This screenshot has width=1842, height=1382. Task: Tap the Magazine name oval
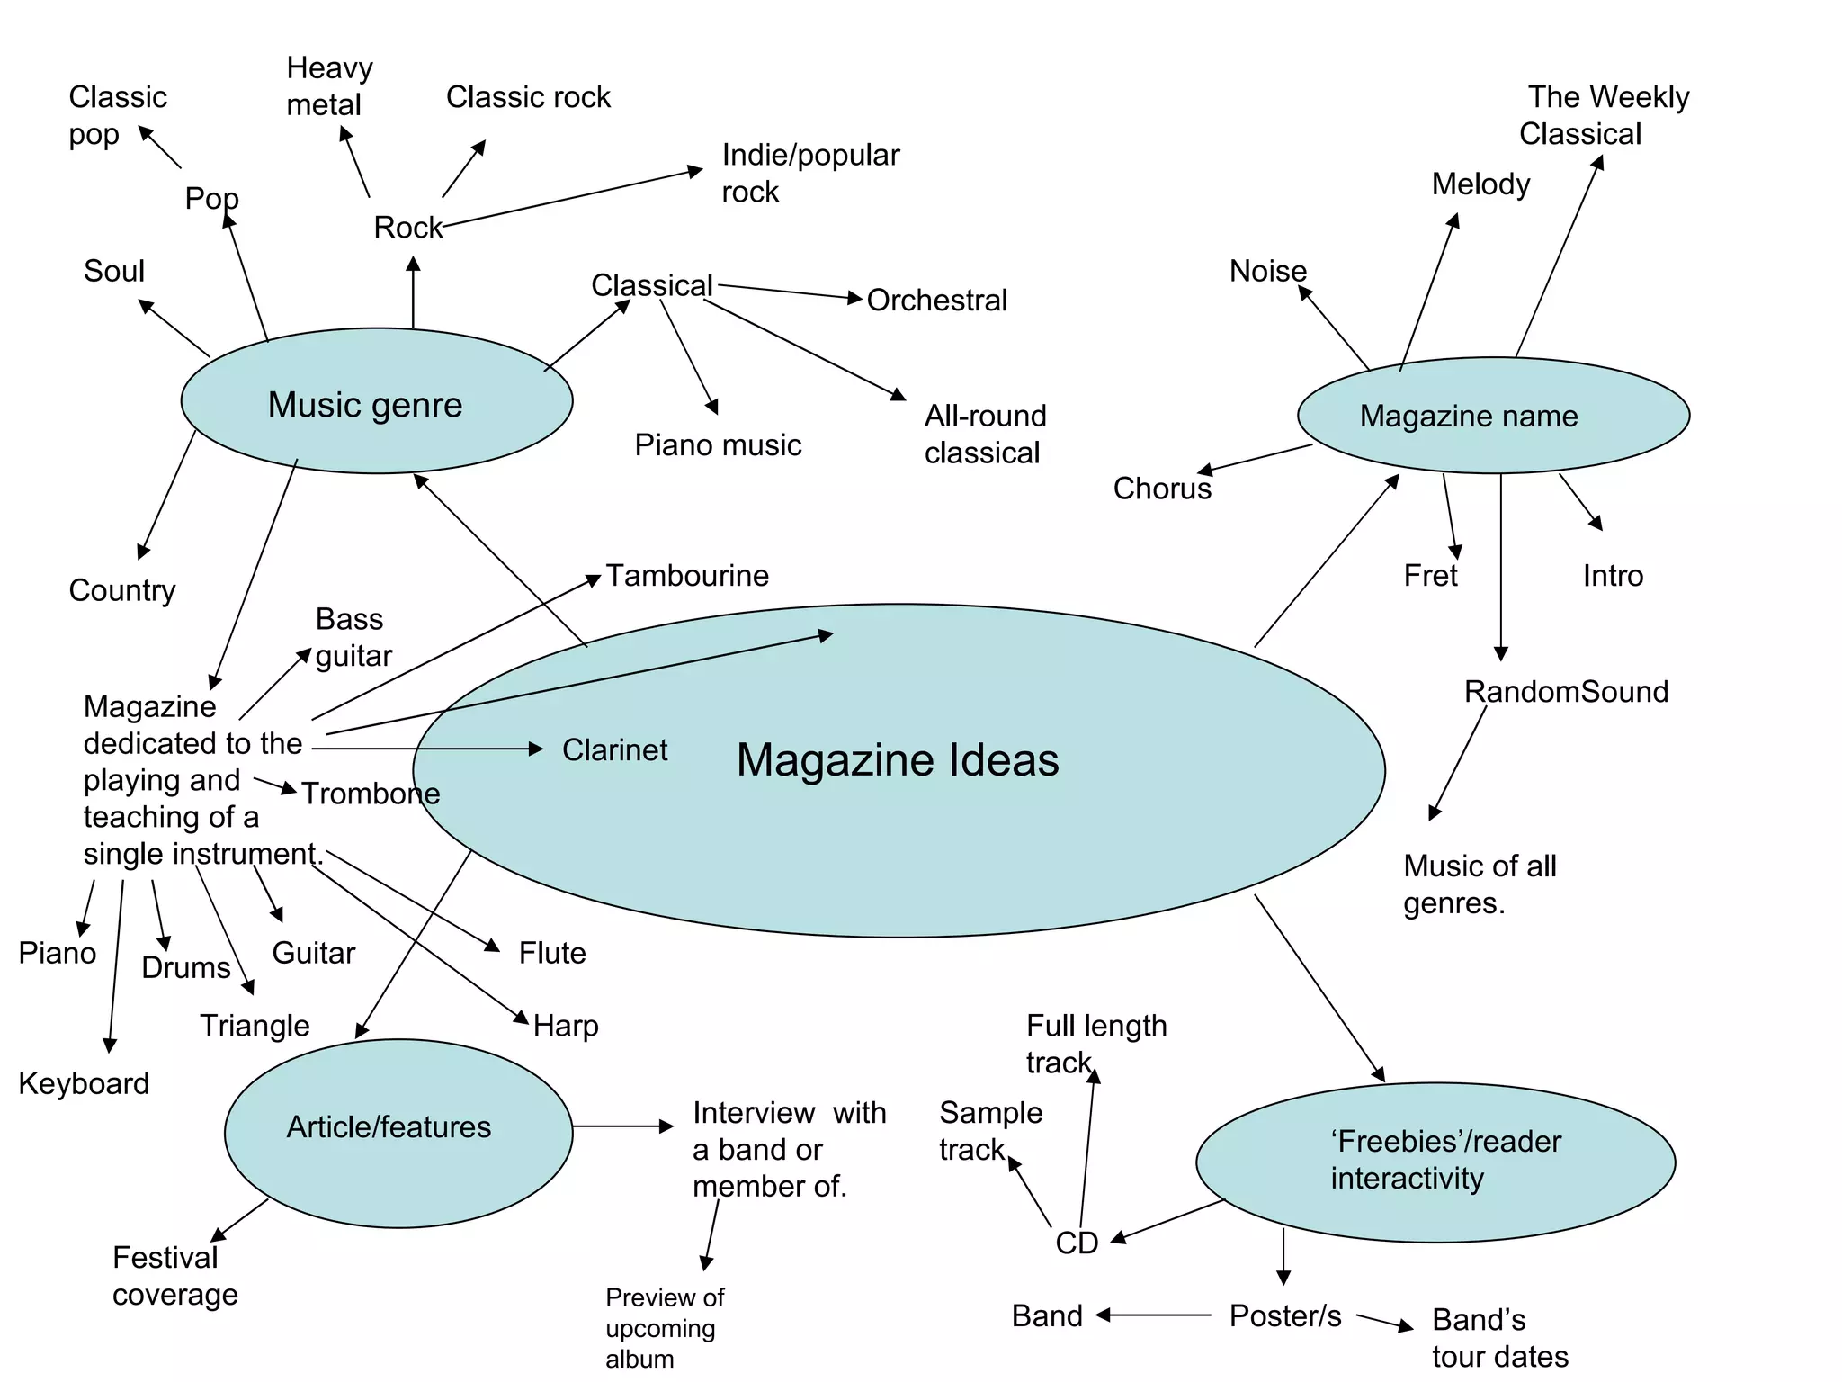click(x=1493, y=416)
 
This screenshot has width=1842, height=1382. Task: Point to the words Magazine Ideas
click(x=898, y=760)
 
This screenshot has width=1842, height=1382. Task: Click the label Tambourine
click(x=687, y=576)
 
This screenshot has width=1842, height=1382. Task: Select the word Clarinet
click(x=614, y=749)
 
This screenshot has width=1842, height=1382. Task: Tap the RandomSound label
click(x=1566, y=691)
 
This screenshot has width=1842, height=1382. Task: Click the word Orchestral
click(x=936, y=301)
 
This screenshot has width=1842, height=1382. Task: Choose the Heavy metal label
click(x=328, y=86)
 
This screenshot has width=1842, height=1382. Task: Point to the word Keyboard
click(x=84, y=1083)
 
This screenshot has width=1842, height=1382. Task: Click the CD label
click(x=1077, y=1243)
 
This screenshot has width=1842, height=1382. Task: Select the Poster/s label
click(x=1285, y=1315)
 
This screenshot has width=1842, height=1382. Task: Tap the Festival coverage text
click(x=174, y=1276)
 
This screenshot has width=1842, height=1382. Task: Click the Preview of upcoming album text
click(x=664, y=1328)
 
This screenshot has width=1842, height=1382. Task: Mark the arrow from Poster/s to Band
click(x=1154, y=1315)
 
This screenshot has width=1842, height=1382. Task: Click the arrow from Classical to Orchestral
click(x=790, y=292)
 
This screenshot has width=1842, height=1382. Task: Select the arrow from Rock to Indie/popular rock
click(x=572, y=198)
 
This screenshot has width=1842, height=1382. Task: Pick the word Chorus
click(x=1162, y=489)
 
